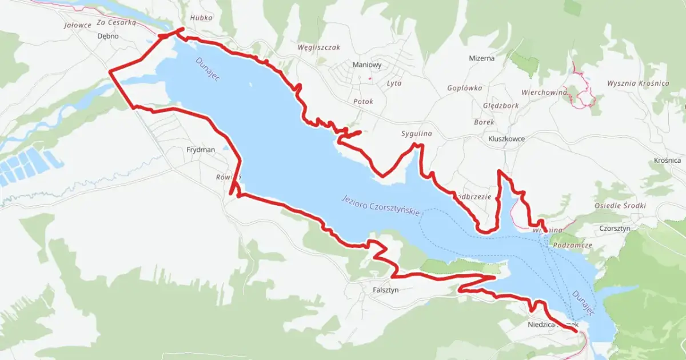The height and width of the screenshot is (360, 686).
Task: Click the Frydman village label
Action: [201, 150]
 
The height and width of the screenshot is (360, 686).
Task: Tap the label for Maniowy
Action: [367, 65]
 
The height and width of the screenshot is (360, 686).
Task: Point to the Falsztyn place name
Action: [385, 290]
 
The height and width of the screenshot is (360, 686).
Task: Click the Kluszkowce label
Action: [506, 138]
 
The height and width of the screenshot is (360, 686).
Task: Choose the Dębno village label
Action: [108, 36]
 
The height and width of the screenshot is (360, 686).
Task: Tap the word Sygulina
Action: [416, 134]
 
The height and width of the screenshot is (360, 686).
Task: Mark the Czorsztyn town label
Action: [615, 228]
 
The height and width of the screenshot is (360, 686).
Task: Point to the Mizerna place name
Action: [481, 58]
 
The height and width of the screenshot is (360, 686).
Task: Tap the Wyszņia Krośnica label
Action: [638, 83]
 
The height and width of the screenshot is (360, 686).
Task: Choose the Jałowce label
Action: [78, 25]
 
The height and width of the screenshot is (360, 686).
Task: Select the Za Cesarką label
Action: [116, 23]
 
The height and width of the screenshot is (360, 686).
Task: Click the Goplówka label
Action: [465, 88]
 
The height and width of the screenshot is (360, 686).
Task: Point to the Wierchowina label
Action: [544, 92]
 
